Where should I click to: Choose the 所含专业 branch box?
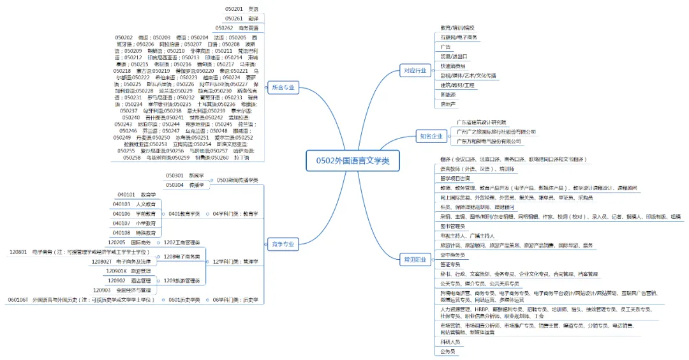(283, 87)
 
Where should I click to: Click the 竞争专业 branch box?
(283, 244)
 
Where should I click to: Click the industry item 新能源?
(448, 94)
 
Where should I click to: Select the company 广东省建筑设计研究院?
(480, 122)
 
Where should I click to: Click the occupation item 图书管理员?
(454, 226)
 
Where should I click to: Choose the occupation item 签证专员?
(450, 264)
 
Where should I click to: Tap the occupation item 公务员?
(448, 351)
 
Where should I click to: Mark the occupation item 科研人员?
(450, 341)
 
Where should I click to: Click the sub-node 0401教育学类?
(184, 214)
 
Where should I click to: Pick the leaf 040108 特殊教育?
(135, 233)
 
